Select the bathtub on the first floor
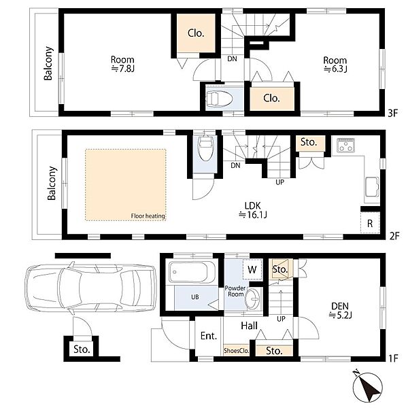192,272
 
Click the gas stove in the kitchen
345,146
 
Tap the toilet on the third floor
218,99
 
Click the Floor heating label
148,216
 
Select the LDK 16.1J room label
253,210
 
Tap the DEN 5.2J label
340,311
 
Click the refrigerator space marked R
370,223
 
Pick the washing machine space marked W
252,269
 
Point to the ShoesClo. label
236,350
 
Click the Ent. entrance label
209,336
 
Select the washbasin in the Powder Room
252,299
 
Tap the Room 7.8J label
122,64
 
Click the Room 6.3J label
335,65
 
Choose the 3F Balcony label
48,63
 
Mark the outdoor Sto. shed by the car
82,349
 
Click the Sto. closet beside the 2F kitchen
309,143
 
